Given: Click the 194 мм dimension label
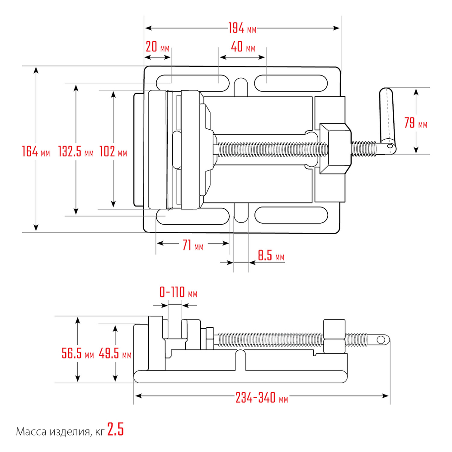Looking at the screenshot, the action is pyautogui.click(x=242, y=28).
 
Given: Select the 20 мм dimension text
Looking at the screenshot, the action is pyautogui.click(x=157, y=47).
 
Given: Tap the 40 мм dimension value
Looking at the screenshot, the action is pyautogui.click(x=243, y=47).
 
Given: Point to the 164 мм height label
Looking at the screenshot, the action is pyautogui.click(x=36, y=151).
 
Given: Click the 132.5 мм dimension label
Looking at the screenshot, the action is pyautogui.click(x=76, y=151).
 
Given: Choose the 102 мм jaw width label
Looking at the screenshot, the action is pyautogui.click(x=113, y=151).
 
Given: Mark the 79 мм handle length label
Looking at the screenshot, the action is pyautogui.click(x=415, y=123).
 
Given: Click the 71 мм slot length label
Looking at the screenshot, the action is pyautogui.click(x=193, y=245).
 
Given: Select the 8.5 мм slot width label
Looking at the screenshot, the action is pyautogui.click(x=271, y=255).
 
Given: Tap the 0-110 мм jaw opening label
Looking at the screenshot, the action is pyautogui.click(x=179, y=292).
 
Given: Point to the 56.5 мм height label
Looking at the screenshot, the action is pyautogui.click(x=78, y=353).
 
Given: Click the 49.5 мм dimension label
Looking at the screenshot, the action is pyautogui.click(x=115, y=353).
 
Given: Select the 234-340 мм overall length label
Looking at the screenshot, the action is pyautogui.click(x=262, y=398).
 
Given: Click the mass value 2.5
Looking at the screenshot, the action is pyautogui.click(x=116, y=429).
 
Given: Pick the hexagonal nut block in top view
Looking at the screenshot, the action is pyautogui.click(x=335, y=149).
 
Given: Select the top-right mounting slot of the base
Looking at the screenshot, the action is pyautogui.click(x=291, y=83).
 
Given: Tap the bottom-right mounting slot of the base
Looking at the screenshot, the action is pyautogui.click(x=291, y=215).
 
